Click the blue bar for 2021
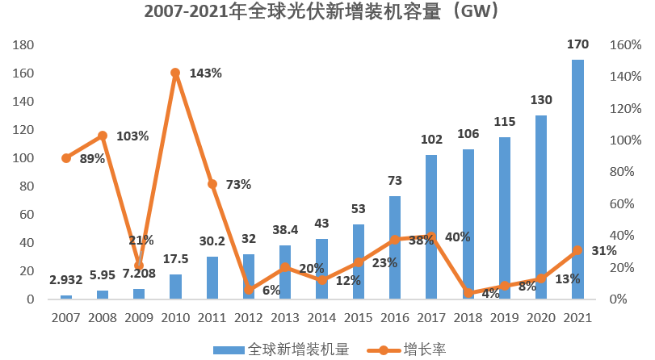click(x=577, y=179)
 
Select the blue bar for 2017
click(x=431, y=227)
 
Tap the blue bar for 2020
click(x=541, y=207)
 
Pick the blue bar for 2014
click(x=321, y=269)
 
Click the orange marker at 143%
click(x=175, y=73)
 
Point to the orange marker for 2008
click(x=103, y=136)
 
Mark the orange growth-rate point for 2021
click(x=577, y=250)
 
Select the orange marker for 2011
click(x=212, y=184)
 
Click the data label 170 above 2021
click(x=577, y=44)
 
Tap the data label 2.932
click(x=66, y=281)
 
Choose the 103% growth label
click(x=132, y=136)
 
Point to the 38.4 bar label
click(x=285, y=229)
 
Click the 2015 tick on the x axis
click(x=358, y=317)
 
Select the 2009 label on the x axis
click(x=139, y=317)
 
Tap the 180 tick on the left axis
click(x=23, y=45)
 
